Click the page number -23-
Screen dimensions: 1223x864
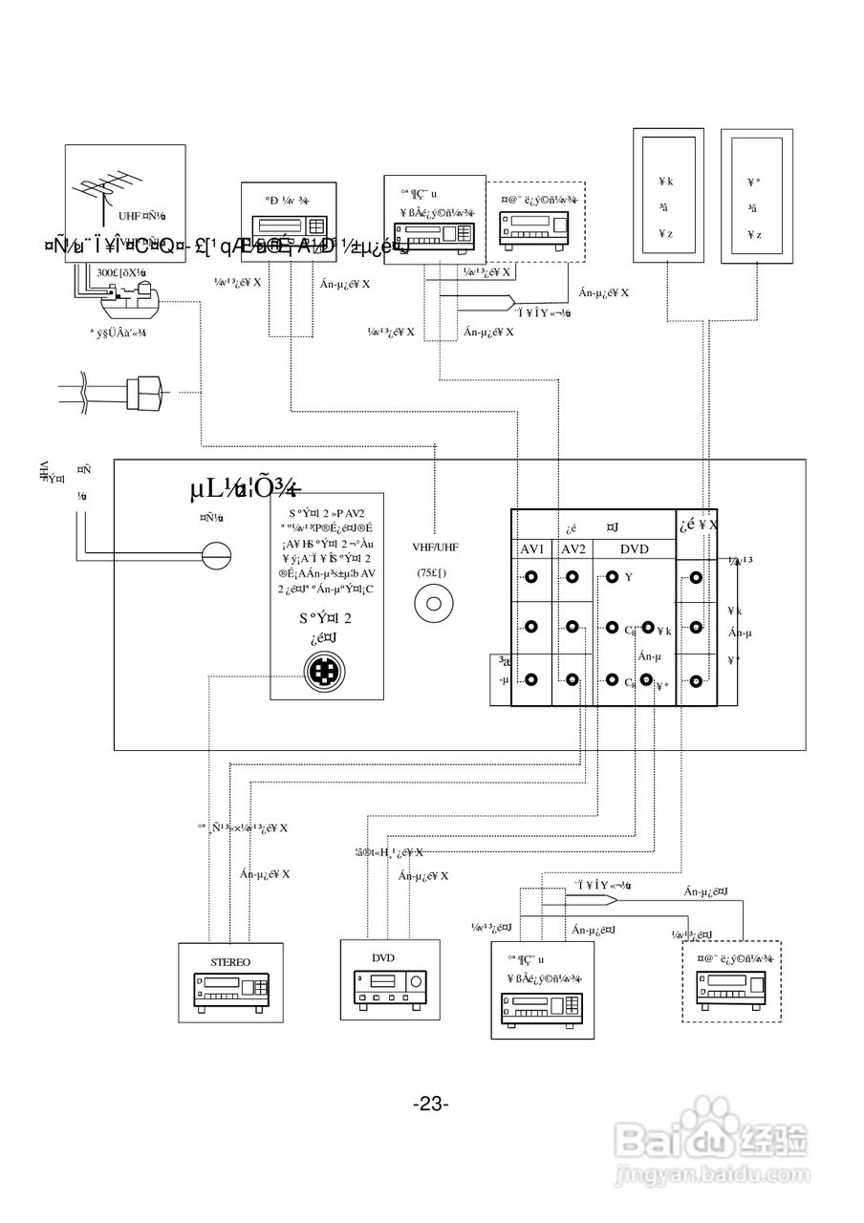[432, 1105]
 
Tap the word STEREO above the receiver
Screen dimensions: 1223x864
[229, 962]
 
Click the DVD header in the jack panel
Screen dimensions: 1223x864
[634, 550]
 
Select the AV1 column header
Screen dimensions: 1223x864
[531, 550]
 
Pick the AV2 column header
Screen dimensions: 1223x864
[572, 550]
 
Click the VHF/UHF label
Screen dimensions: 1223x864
[435, 547]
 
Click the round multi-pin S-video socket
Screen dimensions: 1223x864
[325, 672]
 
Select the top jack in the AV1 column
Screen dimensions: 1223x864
[531, 577]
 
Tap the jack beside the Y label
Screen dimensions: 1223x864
[613, 577]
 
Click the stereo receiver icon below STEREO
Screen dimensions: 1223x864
[230, 994]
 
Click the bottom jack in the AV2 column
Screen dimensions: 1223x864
[572, 680]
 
